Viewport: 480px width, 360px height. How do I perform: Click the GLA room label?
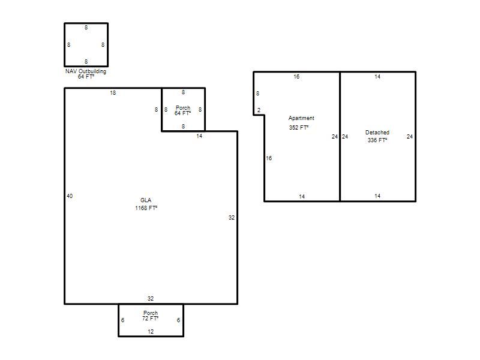tap(146, 200)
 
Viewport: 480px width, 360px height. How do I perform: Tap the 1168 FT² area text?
tap(146, 208)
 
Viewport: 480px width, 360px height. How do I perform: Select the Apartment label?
tap(301, 118)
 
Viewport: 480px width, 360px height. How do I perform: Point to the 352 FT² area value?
tap(298, 127)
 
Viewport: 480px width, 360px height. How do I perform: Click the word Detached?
tap(377, 133)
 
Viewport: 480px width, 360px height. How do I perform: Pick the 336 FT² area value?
tap(377, 140)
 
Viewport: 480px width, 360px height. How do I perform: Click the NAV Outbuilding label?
tap(86, 71)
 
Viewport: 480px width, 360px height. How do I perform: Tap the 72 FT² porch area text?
tap(151, 319)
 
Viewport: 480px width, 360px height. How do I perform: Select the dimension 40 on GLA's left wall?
tap(70, 196)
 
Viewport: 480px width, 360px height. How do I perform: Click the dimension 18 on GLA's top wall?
tap(113, 93)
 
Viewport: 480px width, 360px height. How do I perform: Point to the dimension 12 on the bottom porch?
tap(151, 332)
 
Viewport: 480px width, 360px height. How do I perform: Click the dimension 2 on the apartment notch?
tap(259, 110)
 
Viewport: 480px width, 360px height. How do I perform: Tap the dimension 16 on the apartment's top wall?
tap(296, 77)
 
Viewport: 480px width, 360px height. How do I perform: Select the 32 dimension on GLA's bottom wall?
tap(151, 298)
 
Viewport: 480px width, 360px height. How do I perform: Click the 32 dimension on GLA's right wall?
tap(232, 218)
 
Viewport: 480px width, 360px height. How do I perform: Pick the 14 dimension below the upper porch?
tap(199, 136)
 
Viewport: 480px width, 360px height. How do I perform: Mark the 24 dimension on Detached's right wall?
tap(410, 137)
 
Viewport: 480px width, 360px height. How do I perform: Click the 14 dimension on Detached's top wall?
tap(377, 77)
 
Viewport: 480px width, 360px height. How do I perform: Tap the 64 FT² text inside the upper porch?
tap(183, 113)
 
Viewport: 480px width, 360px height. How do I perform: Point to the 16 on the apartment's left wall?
tap(269, 158)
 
